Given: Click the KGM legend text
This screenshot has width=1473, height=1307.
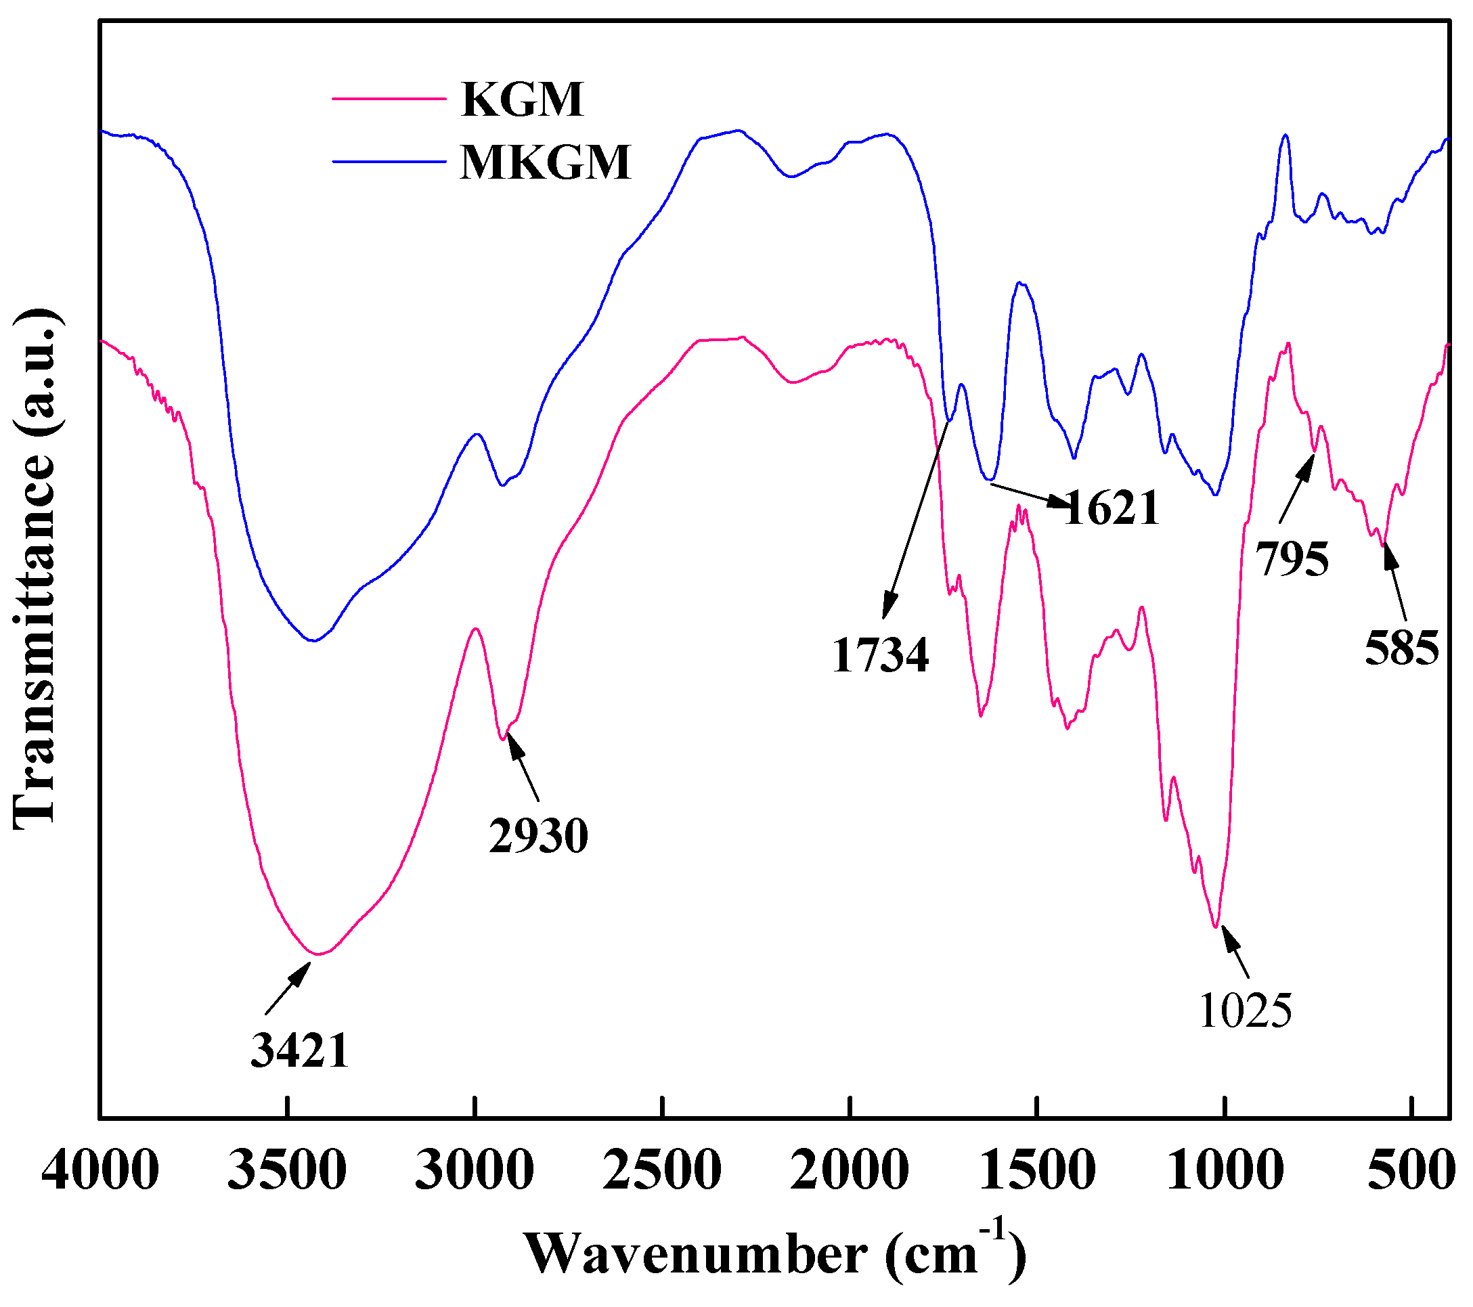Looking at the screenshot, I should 522,99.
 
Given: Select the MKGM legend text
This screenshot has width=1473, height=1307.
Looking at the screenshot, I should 546,162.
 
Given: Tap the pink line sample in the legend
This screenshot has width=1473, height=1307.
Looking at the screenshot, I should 389,99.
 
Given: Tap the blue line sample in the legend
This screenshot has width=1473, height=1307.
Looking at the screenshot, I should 389,161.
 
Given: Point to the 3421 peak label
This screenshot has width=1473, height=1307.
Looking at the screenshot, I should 300,1050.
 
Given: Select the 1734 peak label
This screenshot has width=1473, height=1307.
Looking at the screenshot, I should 880,656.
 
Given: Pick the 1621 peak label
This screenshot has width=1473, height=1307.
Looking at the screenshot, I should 1112,507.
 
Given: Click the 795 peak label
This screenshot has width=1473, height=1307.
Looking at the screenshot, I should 1292,558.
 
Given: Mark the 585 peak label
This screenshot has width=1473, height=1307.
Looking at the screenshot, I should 1402,647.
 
